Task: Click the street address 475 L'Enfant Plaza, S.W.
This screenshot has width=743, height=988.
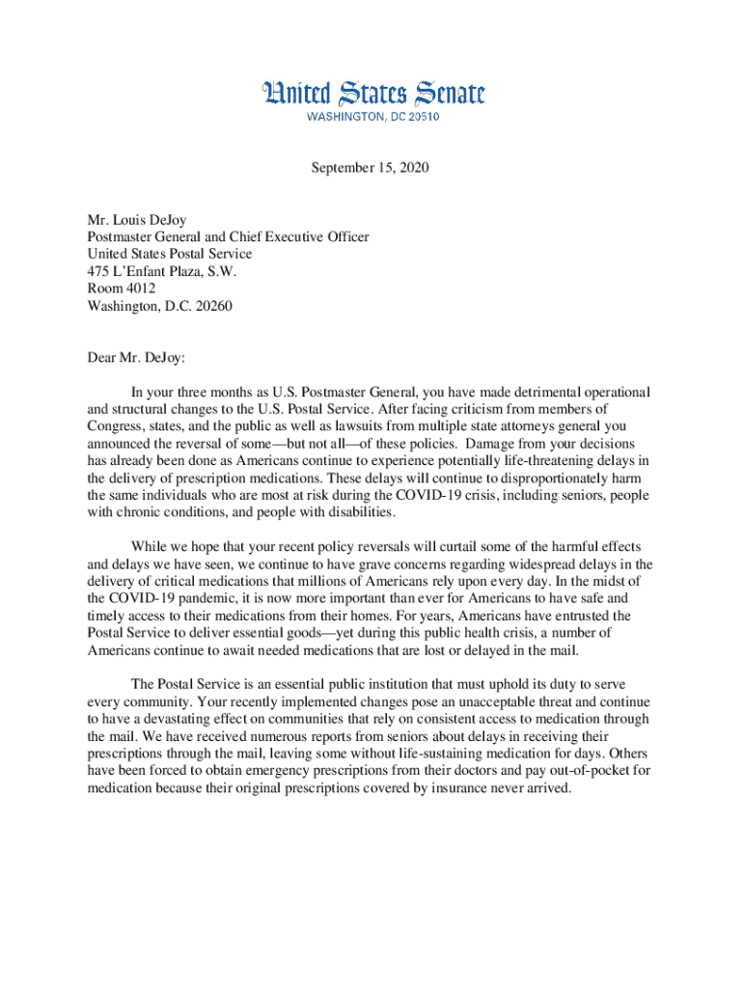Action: point(161,271)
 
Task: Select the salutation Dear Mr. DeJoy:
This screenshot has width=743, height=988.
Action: point(135,358)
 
